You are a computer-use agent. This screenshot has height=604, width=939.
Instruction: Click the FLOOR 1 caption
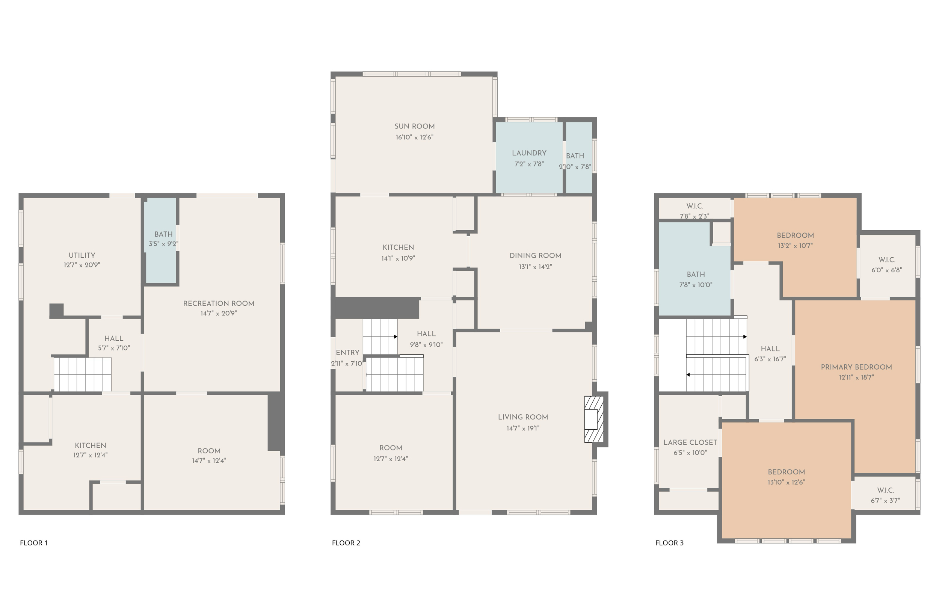tap(34, 543)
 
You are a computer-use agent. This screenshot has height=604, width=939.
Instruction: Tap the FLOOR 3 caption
tap(669, 543)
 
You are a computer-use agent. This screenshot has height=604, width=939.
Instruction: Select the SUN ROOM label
tap(414, 126)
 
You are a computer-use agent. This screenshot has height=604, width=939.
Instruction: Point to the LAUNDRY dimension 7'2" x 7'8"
tap(529, 164)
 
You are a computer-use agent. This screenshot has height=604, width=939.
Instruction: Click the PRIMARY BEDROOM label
tap(856, 367)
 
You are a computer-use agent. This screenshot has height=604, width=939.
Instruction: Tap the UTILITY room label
tap(82, 255)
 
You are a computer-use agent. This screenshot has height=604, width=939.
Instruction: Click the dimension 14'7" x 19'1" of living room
tap(522, 428)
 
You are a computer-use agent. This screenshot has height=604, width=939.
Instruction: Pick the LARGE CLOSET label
tap(690, 442)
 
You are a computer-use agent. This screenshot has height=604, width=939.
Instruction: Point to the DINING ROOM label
tap(535, 256)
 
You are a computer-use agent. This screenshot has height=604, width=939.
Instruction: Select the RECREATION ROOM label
tap(218, 304)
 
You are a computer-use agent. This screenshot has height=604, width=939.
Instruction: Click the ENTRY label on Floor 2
tap(347, 353)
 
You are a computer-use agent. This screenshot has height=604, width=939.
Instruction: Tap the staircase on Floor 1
tap(82, 374)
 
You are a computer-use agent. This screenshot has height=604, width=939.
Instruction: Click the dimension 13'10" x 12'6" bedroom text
tap(786, 482)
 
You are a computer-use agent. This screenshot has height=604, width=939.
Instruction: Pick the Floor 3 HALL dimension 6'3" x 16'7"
tap(770, 359)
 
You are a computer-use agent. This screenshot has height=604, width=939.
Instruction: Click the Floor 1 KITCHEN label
tap(91, 445)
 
